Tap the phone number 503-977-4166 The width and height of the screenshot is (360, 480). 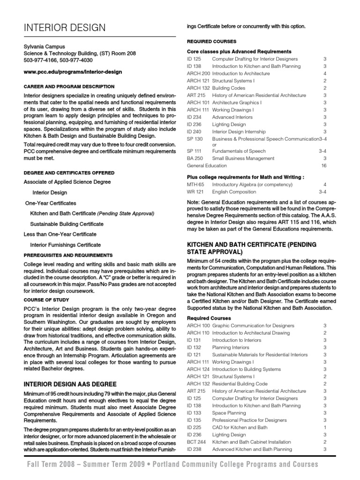click(39, 60)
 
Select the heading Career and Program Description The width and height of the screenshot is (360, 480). click(69, 87)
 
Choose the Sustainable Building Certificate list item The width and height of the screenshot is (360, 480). click(67, 224)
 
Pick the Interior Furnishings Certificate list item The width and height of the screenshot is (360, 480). click(65, 245)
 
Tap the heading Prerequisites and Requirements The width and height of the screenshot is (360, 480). click(68, 255)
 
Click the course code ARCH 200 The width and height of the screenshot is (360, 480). click(198, 74)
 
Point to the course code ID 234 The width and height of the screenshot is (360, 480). click(194, 117)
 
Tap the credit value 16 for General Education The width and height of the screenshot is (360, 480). click(323, 165)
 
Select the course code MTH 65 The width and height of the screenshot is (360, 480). click(195, 185)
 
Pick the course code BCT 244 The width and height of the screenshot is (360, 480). click(196, 442)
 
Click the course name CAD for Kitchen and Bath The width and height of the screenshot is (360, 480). click(240, 427)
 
